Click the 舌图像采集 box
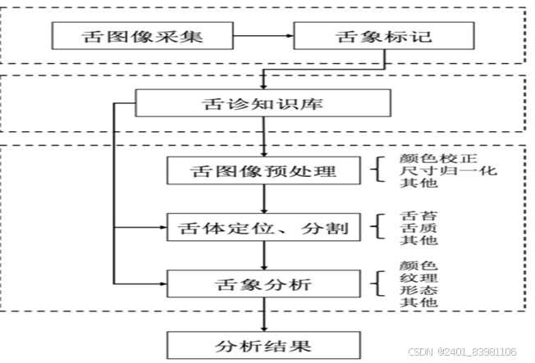130,36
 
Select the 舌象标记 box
383,36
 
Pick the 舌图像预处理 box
263,172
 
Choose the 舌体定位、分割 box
263,227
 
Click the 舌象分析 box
263,284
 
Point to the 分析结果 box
263,345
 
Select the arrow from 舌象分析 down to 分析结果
263,315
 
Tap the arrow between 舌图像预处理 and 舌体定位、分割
263,199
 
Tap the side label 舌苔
407,216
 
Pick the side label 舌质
407,228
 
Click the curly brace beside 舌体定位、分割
377,227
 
